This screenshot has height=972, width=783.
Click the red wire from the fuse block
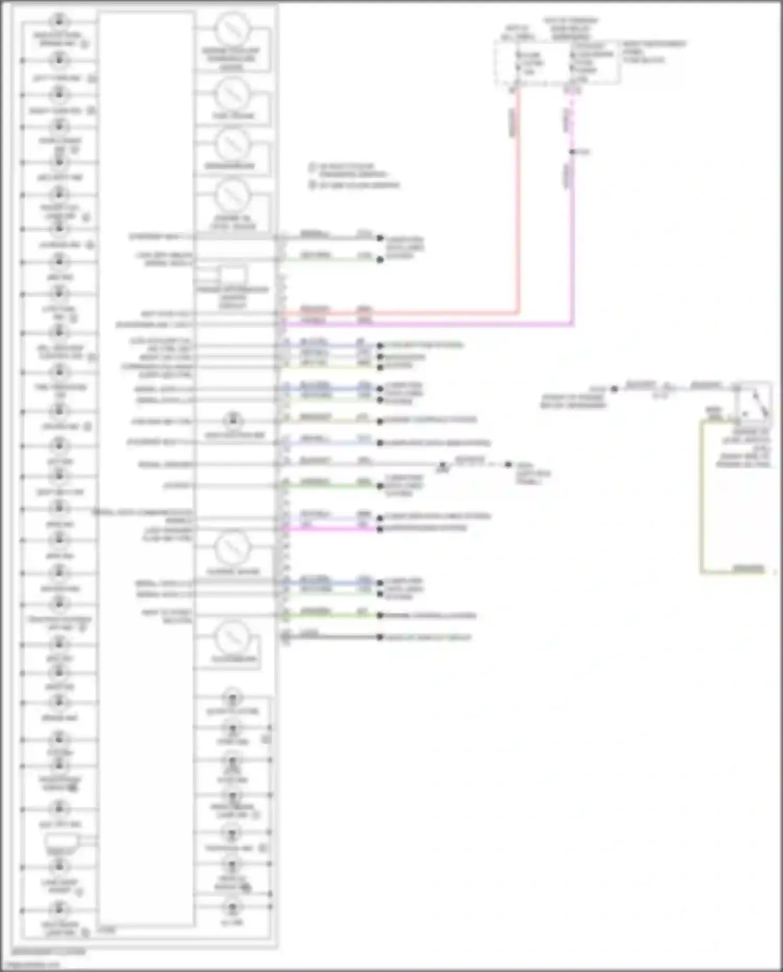518,209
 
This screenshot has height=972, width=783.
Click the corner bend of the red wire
518,313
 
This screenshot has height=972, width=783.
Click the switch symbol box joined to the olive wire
753,402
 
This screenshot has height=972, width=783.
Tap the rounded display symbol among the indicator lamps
60,841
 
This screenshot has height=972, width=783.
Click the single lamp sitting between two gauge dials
233,420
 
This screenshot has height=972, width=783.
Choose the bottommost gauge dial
232,637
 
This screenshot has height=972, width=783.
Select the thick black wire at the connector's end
334,637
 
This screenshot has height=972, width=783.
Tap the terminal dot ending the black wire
380,637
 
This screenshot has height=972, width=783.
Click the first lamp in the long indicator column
60,21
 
